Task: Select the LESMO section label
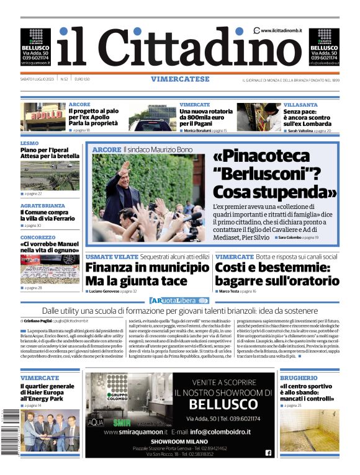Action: pos(29,143)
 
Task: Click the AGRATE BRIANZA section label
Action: pos(42,205)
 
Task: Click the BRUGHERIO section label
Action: pos(298,378)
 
